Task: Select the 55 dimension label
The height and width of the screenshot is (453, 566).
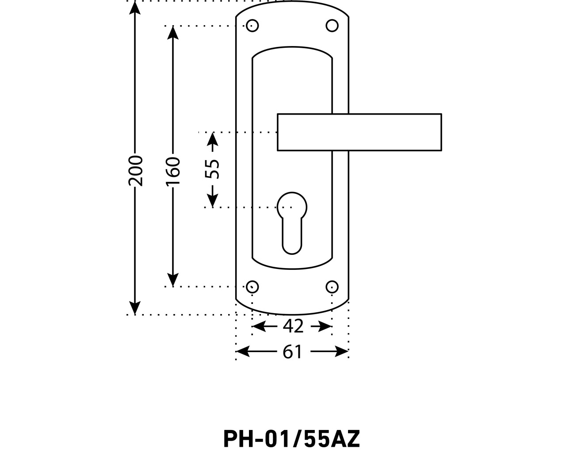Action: tap(213, 169)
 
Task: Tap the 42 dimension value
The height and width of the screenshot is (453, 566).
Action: tap(293, 326)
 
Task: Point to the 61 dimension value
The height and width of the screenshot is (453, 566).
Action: tap(292, 352)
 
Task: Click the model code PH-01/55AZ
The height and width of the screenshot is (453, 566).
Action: tap(292, 439)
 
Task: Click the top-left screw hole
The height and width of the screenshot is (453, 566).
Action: tap(252, 26)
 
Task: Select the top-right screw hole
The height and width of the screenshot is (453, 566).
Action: tap(332, 26)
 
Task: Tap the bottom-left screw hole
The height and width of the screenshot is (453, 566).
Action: tap(252, 287)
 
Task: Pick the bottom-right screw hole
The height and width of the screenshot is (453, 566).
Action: tap(332, 287)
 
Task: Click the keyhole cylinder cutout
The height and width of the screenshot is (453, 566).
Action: tap(292, 221)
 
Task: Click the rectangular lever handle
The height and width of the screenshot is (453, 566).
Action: tap(359, 132)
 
